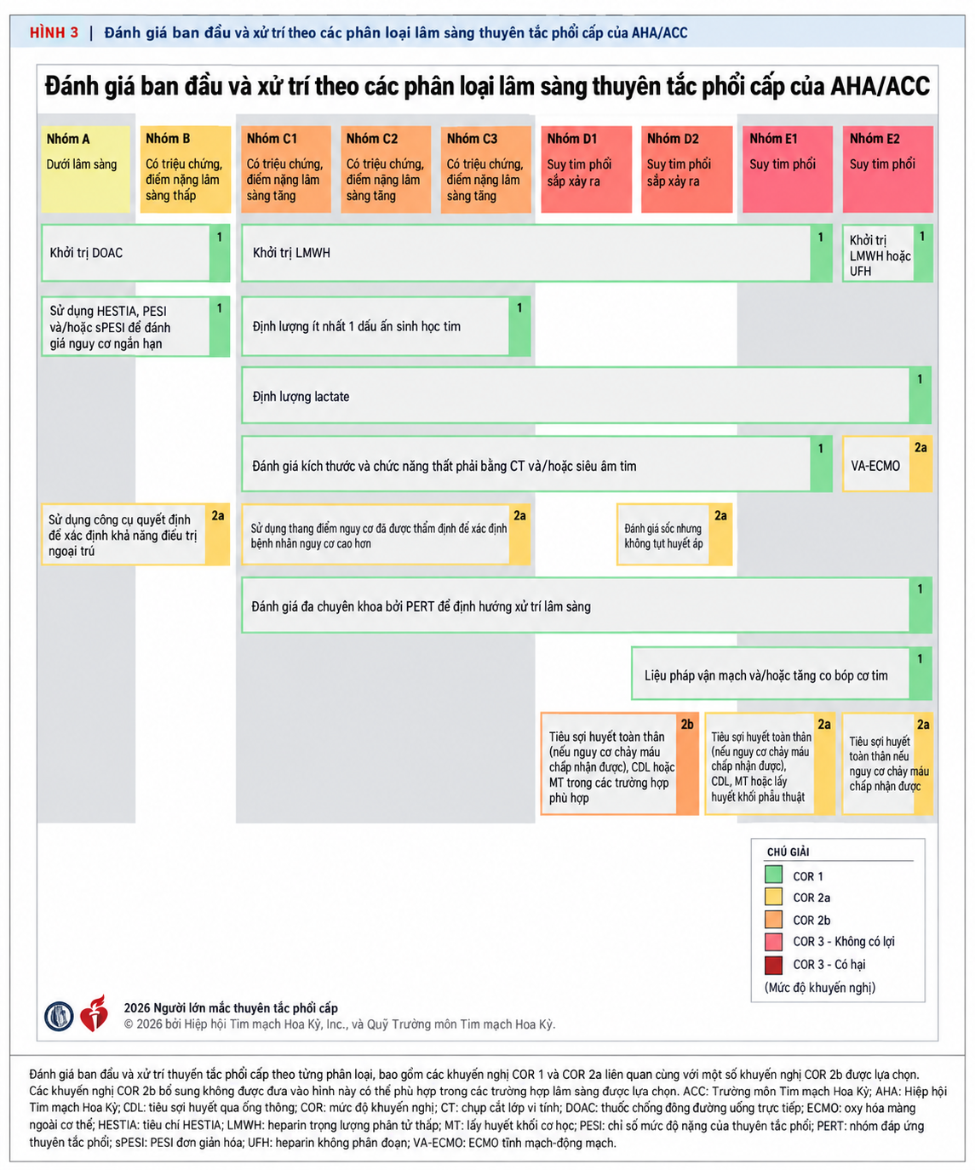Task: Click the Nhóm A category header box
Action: [x=85, y=169]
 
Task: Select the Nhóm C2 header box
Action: [x=386, y=169]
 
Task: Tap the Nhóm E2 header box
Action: [x=887, y=169]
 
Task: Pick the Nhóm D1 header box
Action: [x=586, y=169]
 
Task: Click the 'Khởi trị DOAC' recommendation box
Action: [x=135, y=253]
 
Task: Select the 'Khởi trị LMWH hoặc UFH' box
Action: [x=887, y=253]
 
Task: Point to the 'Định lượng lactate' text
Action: [x=301, y=397]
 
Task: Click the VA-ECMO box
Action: [x=887, y=464]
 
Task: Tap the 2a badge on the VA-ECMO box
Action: [x=921, y=448]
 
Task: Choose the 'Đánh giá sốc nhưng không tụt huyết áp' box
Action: [x=674, y=535]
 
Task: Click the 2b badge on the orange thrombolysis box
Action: [x=687, y=725]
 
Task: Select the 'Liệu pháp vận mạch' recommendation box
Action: [x=782, y=674]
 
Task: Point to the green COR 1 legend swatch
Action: [x=773, y=875]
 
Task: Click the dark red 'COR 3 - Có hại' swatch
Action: [x=773, y=965]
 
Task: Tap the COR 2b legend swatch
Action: [x=773, y=920]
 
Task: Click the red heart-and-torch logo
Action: [x=95, y=1013]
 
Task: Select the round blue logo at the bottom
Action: [x=59, y=1016]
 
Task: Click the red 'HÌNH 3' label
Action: [x=54, y=32]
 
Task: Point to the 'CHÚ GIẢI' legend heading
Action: [x=788, y=852]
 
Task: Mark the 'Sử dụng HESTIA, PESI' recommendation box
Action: [x=135, y=327]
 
